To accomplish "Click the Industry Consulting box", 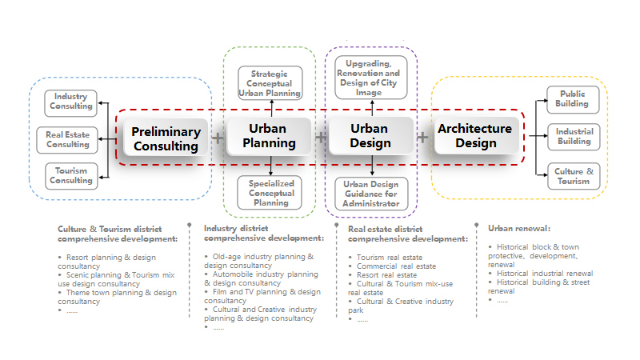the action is tap(70, 103).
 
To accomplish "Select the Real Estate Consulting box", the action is tap(67, 140).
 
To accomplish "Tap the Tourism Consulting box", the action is tap(71, 176).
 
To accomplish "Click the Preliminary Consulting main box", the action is tap(166, 138).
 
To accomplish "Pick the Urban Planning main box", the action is tap(269, 136).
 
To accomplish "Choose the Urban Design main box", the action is tap(370, 136).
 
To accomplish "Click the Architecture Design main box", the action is tap(476, 135).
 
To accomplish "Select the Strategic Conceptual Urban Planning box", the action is tap(270, 83).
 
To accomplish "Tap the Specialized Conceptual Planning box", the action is tap(270, 193).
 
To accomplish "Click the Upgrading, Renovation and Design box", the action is tap(371, 78).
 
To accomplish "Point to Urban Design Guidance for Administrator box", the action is tap(371, 194).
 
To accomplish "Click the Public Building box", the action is tap(573, 99).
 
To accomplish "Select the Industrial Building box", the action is tap(574, 137).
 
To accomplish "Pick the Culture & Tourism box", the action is tap(574, 176).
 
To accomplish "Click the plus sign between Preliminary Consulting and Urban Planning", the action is tap(218, 138).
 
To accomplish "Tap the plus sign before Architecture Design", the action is tap(423, 137).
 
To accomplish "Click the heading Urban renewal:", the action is tap(519, 229).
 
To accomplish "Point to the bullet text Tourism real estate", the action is tap(390, 258).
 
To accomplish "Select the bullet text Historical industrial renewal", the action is tap(545, 274).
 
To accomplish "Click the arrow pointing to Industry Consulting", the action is tap(104, 103).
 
